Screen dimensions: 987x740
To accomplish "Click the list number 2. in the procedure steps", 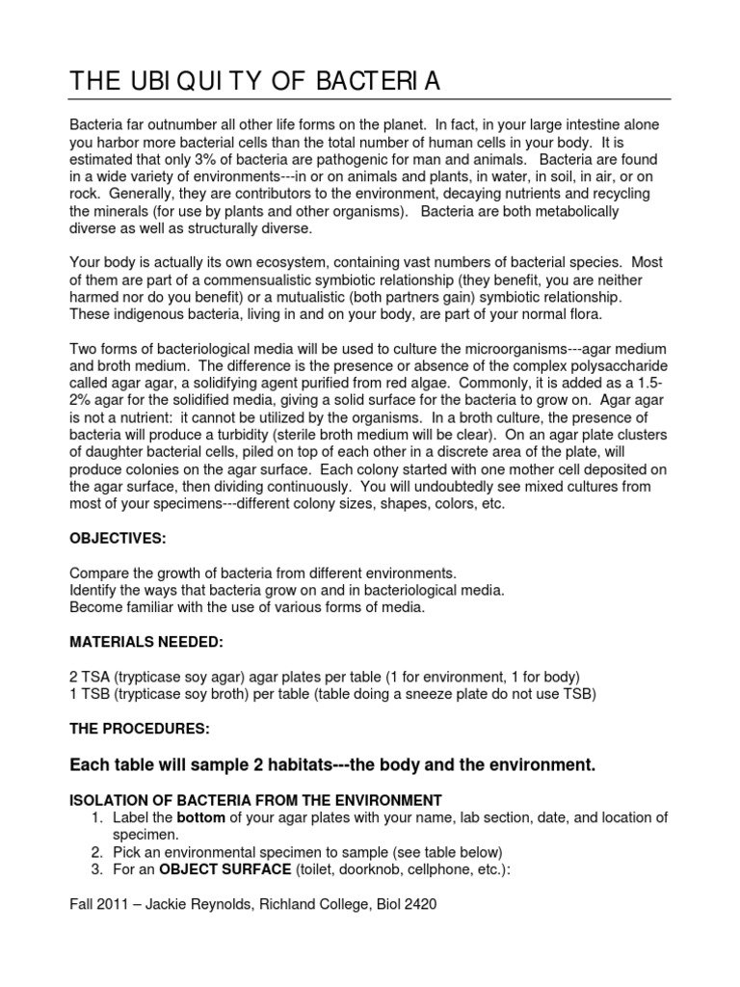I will pos(96,852).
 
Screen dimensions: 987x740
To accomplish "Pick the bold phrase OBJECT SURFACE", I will pos(208,869).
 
